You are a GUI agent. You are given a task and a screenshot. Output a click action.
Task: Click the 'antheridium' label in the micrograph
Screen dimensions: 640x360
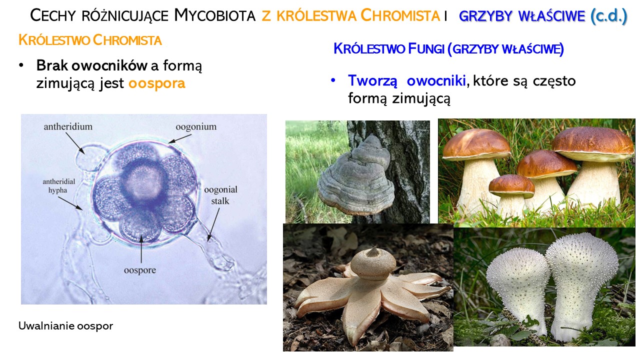pos(68,126)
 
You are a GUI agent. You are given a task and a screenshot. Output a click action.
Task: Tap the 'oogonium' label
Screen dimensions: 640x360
pos(196,126)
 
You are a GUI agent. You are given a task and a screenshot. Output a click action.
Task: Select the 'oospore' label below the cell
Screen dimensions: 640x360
pos(140,270)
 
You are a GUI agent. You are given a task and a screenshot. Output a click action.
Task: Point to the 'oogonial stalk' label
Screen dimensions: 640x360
pos(220,195)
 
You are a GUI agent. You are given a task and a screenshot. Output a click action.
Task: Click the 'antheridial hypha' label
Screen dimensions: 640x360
pos(59,185)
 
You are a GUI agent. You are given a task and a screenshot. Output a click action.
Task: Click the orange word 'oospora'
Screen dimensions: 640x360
pos(157,83)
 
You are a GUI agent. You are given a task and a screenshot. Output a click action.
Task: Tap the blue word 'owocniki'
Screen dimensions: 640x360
pos(436,80)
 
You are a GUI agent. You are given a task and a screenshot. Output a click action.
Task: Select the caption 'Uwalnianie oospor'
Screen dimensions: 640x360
pos(65,325)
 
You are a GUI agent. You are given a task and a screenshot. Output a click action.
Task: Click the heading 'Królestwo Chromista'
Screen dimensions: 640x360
pos(90,40)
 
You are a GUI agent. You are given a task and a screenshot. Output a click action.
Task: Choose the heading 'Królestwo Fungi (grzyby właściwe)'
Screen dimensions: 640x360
pos(448,48)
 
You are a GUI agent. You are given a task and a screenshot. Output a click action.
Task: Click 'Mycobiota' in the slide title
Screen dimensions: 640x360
pos(215,15)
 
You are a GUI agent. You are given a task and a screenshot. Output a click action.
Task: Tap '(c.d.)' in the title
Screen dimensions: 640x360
pos(608,15)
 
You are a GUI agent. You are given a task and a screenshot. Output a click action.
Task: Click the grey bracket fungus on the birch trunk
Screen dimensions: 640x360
pos(355,177)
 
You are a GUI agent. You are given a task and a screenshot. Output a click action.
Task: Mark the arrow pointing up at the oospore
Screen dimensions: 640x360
pos(141,249)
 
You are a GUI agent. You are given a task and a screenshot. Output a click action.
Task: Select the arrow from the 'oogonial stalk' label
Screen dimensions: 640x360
pos(213,225)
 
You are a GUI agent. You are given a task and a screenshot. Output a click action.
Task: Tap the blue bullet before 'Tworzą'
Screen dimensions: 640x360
pos(333,80)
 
